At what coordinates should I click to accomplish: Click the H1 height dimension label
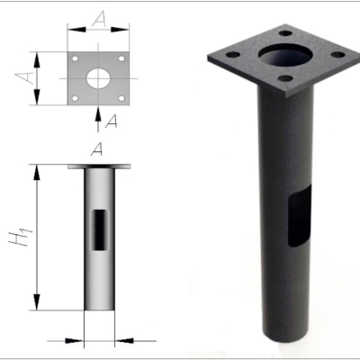tap(21, 238)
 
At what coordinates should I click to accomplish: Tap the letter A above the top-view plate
tap(99, 20)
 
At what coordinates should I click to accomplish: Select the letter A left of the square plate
tap(25, 77)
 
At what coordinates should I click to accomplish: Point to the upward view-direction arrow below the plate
tap(98, 120)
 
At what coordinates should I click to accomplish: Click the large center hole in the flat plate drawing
tap(98, 78)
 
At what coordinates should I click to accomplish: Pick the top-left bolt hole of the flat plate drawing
tap(76, 58)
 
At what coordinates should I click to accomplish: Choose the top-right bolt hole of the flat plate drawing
tap(121, 58)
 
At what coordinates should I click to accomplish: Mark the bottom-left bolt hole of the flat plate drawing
tap(76, 98)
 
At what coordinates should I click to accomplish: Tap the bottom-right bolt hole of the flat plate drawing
tap(121, 98)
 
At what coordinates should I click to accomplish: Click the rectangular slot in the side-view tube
tap(99, 229)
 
